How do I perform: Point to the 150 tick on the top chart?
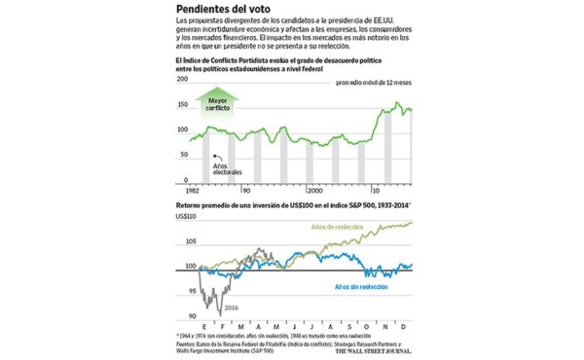coord(182,105)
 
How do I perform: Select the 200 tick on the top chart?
coord(182,81)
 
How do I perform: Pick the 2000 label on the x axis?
coord(316,191)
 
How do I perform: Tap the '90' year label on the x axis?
coord(247,191)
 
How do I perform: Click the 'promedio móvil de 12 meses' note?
coord(374,84)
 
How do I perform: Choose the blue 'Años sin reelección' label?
coord(360,287)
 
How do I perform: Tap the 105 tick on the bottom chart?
coord(183,241)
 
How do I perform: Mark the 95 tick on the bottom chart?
coord(185,291)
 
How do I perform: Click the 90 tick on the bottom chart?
coord(185,316)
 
